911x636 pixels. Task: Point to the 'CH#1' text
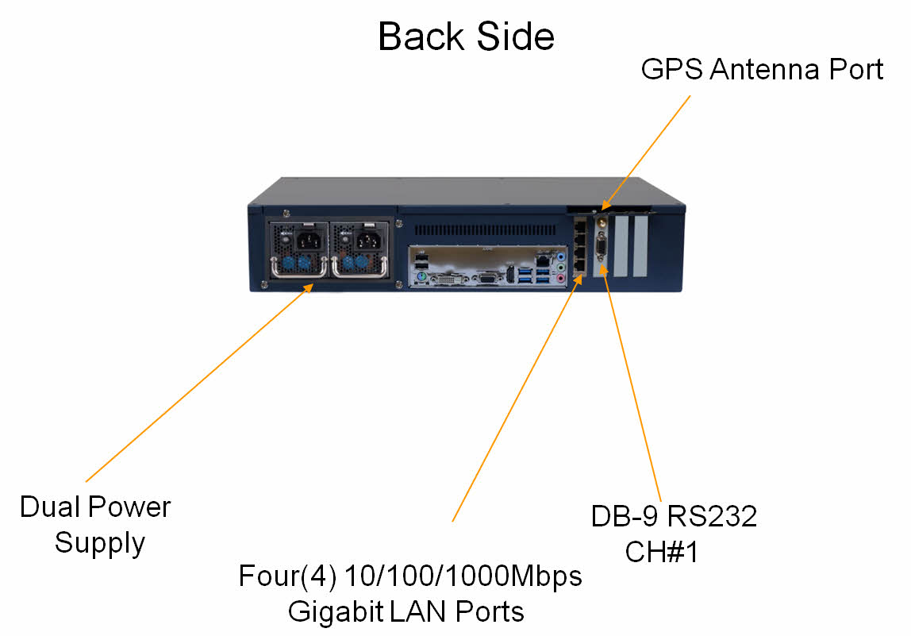[x=662, y=552]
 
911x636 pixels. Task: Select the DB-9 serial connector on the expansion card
[x=601, y=254]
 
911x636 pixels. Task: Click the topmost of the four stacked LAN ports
[x=579, y=227]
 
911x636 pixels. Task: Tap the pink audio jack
[x=562, y=279]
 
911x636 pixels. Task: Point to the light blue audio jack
[x=562, y=257]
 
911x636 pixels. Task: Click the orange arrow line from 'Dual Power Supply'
[x=198, y=385]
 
